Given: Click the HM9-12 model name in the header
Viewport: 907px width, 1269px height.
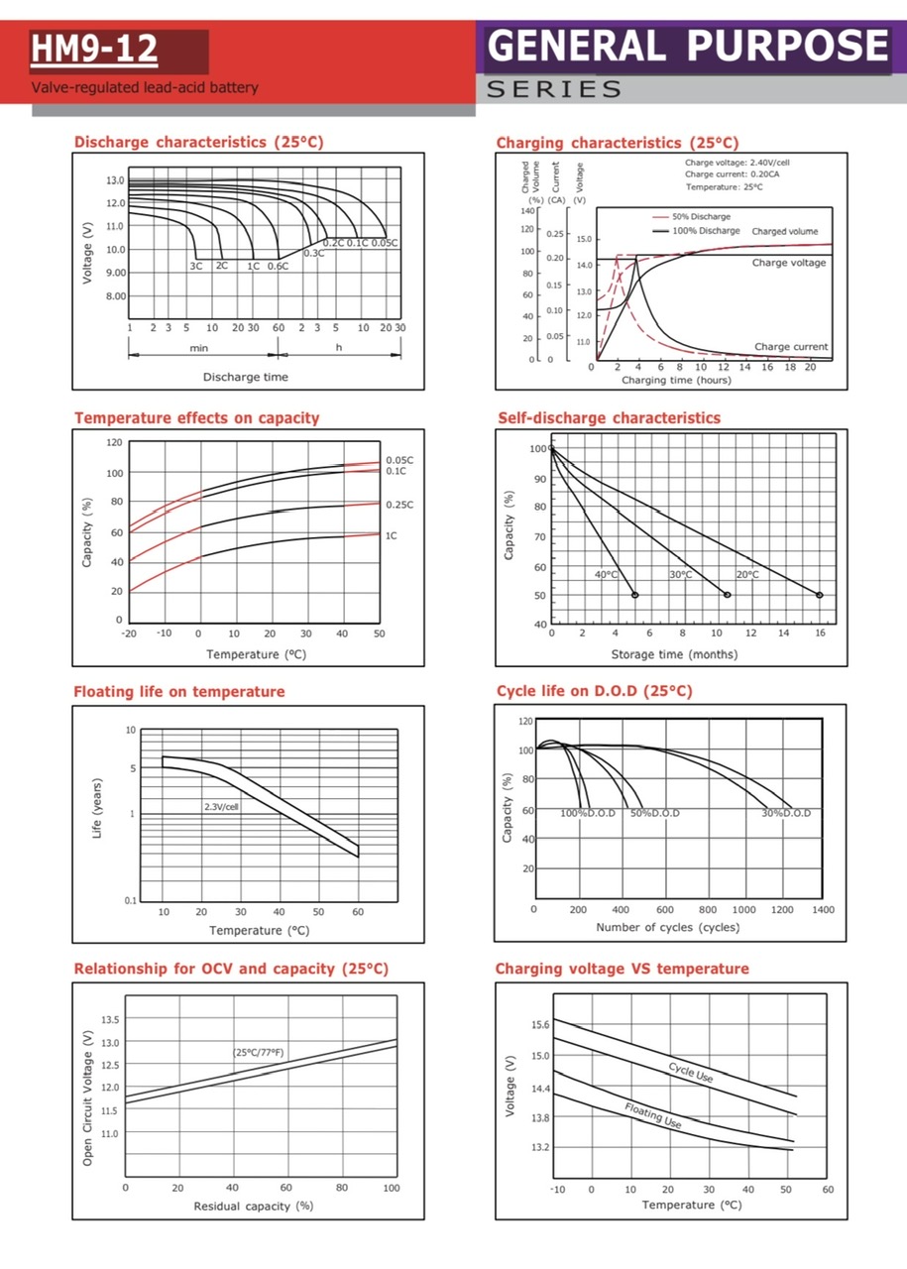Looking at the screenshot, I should (x=93, y=49).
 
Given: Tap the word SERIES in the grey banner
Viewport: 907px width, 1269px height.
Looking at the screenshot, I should (x=554, y=89).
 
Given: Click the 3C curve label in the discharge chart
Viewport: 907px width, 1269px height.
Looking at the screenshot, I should (x=196, y=266).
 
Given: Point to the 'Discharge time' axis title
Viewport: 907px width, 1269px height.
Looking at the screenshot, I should (x=246, y=377).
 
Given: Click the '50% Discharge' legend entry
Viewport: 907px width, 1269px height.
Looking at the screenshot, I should (x=702, y=216).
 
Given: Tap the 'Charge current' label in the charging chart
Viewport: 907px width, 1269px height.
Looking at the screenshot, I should (x=791, y=347).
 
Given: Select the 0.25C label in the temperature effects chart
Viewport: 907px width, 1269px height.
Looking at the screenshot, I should (x=399, y=505).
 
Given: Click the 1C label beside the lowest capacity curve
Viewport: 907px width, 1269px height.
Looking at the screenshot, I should (x=393, y=535).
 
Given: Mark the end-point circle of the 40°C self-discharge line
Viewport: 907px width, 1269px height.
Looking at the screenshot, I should (x=635, y=595).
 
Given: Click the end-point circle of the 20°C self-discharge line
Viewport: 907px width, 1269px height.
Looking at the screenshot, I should (x=820, y=595).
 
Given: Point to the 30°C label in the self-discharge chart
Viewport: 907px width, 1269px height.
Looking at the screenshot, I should (x=680, y=575).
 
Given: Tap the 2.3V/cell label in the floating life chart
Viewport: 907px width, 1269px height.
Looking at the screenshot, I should (x=221, y=807).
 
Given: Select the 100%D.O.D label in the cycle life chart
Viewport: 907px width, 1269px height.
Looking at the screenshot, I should (x=588, y=813).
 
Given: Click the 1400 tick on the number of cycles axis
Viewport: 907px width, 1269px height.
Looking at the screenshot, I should (x=823, y=909).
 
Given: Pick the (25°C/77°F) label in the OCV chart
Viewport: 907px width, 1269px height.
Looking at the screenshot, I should (x=259, y=1052).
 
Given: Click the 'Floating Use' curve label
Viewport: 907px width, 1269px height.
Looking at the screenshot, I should (x=653, y=1115).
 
